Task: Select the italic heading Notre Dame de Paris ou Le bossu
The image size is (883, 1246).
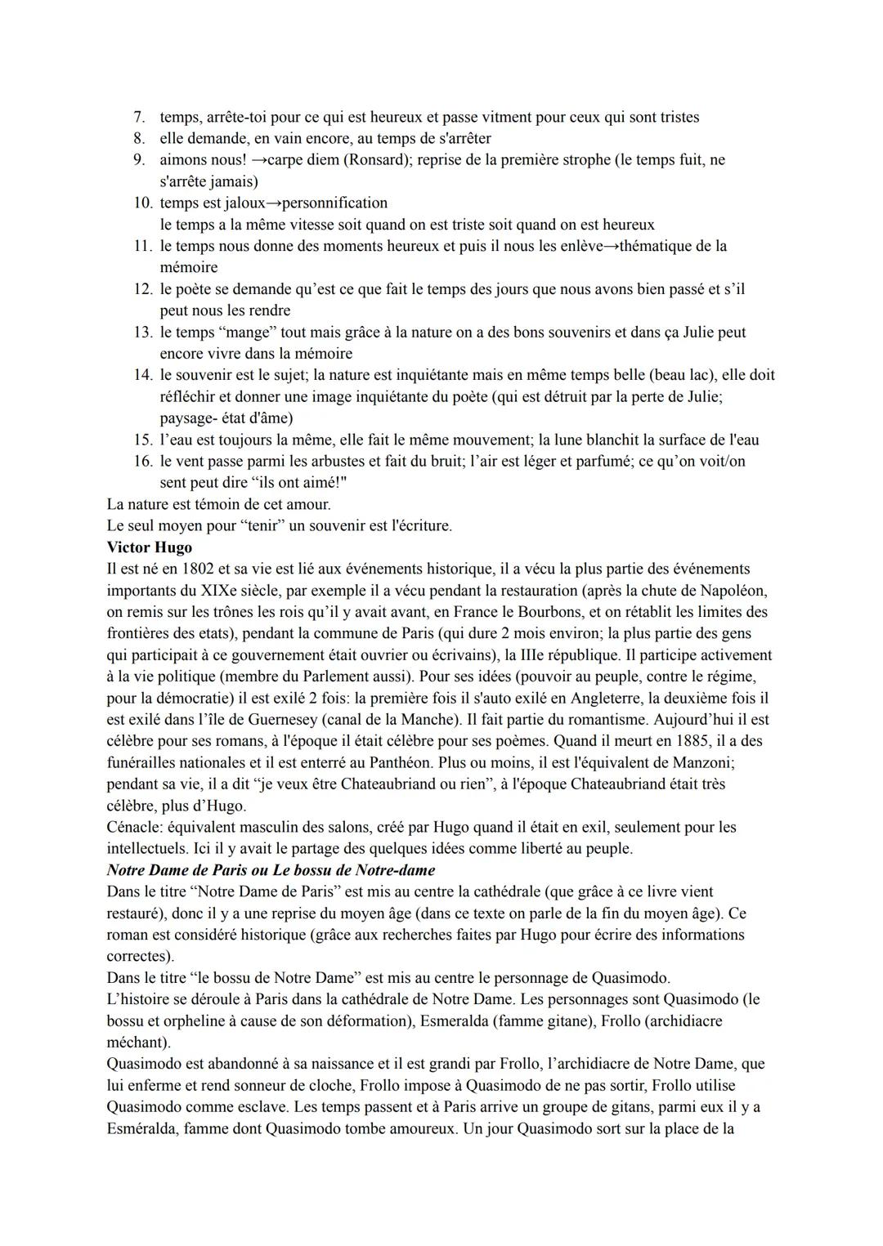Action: [x=271, y=870]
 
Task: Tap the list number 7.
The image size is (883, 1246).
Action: [x=140, y=117]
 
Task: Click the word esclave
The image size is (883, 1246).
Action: [x=244, y=1107]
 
